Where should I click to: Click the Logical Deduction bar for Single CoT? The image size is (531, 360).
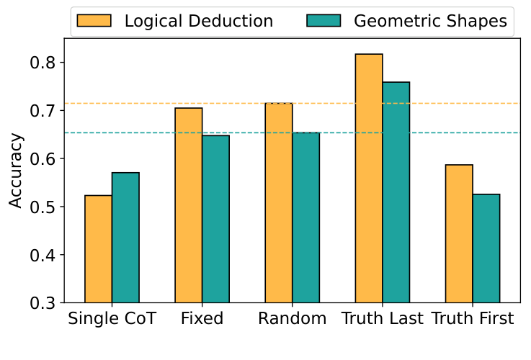pyautogui.click(x=98, y=249)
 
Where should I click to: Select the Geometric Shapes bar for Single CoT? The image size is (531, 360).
pyautogui.click(x=125, y=238)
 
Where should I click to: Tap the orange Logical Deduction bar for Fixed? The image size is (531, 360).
pyautogui.click(x=189, y=205)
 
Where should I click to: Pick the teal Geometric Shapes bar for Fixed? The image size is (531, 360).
pyautogui.click(x=215, y=219)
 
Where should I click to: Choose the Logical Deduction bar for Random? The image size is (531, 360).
pyautogui.click(x=278, y=203)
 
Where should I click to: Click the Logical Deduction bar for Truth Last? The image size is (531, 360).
pyautogui.click(x=368, y=179)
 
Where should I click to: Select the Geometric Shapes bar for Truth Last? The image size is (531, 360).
pyautogui.click(x=396, y=192)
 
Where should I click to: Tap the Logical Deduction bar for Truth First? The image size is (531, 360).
pyautogui.click(x=459, y=234)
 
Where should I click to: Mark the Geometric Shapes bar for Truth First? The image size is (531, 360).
pyautogui.click(x=486, y=248)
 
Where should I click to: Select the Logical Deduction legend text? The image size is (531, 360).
pyautogui.click(x=199, y=21)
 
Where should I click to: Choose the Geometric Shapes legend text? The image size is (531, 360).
pyautogui.click(x=431, y=21)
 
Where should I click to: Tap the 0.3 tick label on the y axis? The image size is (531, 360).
pyautogui.click(x=43, y=303)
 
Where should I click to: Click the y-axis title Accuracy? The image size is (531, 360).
pyautogui.click(x=16, y=170)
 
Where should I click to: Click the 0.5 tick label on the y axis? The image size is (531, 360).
pyautogui.click(x=43, y=207)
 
